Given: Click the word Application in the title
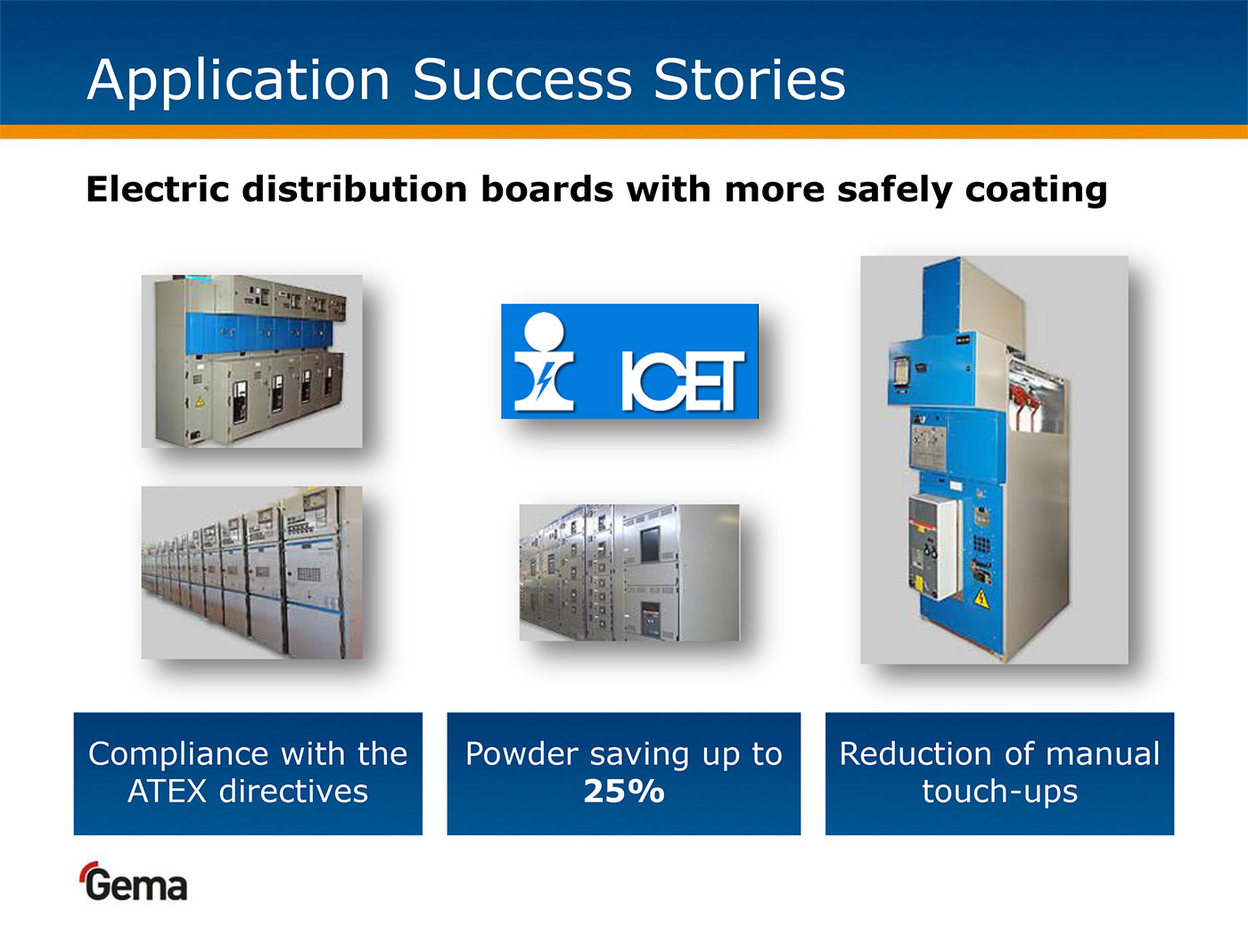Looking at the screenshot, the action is click(x=239, y=81).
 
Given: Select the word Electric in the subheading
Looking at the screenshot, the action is click(x=158, y=189).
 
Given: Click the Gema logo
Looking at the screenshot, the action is click(x=133, y=882).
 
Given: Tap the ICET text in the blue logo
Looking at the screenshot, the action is click(x=683, y=381).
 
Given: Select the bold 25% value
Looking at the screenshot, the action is click(x=624, y=791).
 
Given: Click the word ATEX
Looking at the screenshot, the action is click(x=167, y=791).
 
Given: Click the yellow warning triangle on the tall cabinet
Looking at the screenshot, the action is click(x=981, y=598).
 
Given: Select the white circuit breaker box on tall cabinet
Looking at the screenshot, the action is click(x=933, y=546).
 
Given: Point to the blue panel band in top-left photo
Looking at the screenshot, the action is click(x=259, y=334).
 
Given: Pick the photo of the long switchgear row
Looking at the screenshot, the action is click(x=252, y=572).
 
